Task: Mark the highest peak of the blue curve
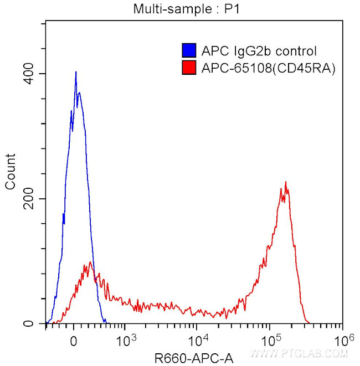pyautogui.click(x=76, y=71)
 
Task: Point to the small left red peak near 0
pyautogui.click(x=89, y=262)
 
